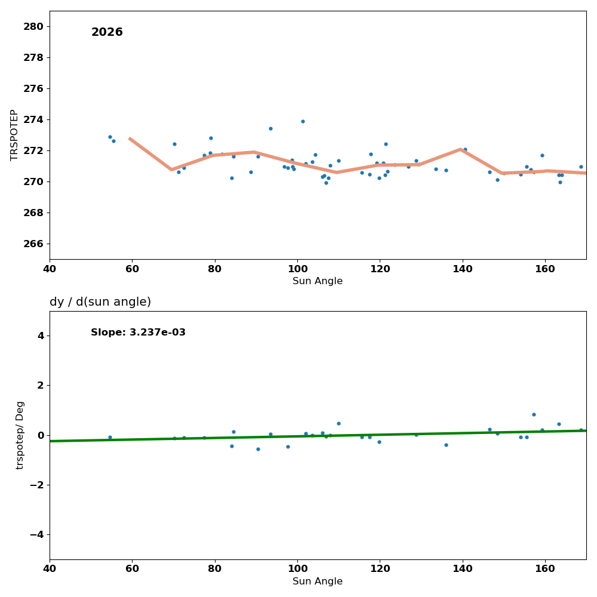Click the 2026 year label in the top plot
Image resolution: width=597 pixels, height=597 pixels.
pos(107,32)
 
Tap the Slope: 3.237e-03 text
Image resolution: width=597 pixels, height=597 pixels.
pos(138,333)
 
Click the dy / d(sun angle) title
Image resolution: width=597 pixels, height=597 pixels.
pos(100,302)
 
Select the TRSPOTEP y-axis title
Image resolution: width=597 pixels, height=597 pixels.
pos(14,135)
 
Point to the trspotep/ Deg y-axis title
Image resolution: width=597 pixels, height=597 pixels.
pos(20,435)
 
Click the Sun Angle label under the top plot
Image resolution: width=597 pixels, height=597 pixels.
pos(318,281)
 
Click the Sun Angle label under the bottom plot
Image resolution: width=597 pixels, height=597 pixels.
pos(318,581)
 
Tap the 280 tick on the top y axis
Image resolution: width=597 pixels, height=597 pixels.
pos(33,26)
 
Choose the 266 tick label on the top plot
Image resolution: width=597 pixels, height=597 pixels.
pos(33,244)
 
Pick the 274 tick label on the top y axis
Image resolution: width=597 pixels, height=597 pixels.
pos(33,119)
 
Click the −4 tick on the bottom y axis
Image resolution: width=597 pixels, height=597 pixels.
pos(36,534)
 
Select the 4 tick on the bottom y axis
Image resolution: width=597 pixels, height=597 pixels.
pos(40,336)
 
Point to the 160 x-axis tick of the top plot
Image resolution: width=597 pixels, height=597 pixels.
pos(545,269)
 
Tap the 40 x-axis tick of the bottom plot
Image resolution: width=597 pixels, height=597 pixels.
pos(50,569)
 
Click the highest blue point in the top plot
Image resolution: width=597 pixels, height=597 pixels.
pos(303,121)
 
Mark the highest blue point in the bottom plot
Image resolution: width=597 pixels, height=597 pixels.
pos(534,414)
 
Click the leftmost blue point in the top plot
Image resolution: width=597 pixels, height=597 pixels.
pos(110,137)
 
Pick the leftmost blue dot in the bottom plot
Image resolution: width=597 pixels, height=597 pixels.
pos(110,437)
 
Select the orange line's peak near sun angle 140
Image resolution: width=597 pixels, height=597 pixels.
pos(461,149)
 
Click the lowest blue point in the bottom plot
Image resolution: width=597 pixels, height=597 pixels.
pos(258,449)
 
